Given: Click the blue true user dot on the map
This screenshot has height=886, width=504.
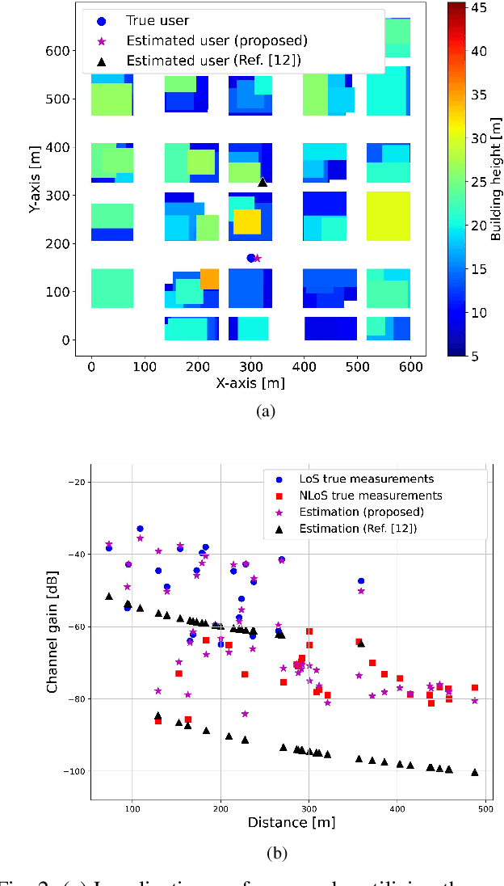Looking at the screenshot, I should [250, 258].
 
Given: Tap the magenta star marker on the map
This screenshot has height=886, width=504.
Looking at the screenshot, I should [258, 259].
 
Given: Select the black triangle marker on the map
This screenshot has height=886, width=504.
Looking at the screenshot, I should [262, 183].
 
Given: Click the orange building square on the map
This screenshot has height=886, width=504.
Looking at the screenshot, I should [209, 279].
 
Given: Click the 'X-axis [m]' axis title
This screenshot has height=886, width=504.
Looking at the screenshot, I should [250, 382].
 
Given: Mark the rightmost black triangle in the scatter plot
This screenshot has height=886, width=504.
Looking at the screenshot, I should [475, 772].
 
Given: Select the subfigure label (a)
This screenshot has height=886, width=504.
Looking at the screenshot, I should [265, 411].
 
